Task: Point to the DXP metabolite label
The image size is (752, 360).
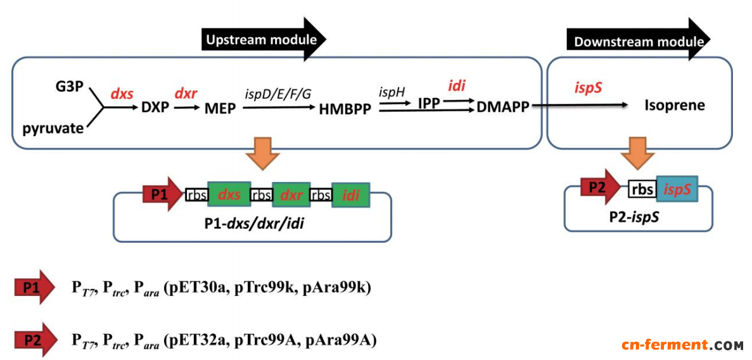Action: (x=155, y=108)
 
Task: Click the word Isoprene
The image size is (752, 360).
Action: (x=675, y=105)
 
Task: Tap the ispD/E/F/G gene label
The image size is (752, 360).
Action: (x=278, y=93)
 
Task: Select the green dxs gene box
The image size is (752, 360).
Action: (x=229, y=195)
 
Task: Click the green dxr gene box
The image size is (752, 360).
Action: (x=291, y=195)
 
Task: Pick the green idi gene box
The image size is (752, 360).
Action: (x=350, y=195)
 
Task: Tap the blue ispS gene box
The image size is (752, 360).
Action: (x=677, y=188)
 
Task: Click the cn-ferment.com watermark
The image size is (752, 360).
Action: (x=682, y=345)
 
